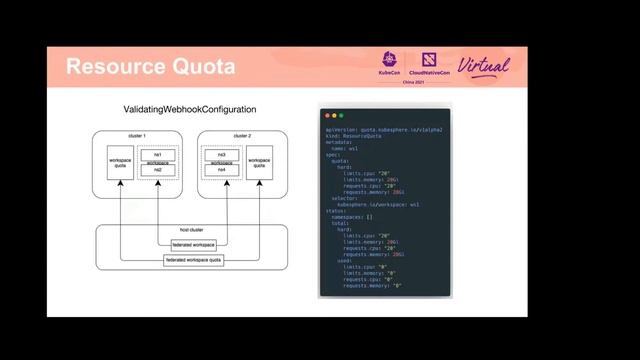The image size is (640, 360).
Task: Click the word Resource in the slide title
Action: click(113, 67)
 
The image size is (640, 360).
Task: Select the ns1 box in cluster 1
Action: click(158, 153)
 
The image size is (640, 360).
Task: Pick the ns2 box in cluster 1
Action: click(158, 170)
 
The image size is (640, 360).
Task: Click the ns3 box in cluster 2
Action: click(221, 153)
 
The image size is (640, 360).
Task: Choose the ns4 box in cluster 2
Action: click(221, 170)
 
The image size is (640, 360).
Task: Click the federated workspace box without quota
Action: click(194, 244)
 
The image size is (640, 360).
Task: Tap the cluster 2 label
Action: click(241, 135)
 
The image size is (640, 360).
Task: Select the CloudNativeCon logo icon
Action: click(429, 59)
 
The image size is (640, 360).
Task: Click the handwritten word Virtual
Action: click(484, 66)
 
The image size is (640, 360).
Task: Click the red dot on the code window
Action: click(326, 115)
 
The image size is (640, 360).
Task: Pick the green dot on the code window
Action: click(340, 115)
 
